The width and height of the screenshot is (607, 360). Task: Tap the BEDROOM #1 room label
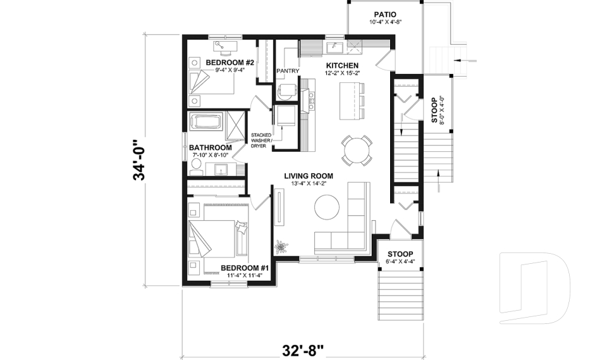(x=245, y=268)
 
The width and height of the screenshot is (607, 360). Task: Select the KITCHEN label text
(x=342, y=65)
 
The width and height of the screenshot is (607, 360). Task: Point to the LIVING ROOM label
(x=308, y=176)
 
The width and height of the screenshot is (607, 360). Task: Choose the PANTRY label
(x=288, y=71)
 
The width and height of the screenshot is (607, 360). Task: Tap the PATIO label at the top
(x=384, y=14)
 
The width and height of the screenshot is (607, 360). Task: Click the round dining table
(x=356, y=150)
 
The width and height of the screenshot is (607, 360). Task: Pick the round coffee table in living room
(x=328, y=206)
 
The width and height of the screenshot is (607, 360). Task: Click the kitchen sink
(x=334, y=47)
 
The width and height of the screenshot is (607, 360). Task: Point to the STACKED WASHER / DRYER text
(x=262, y=140)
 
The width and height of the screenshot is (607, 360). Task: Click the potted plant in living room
(x=280, y=245)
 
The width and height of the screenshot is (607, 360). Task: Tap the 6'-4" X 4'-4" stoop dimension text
(x=400, y=261)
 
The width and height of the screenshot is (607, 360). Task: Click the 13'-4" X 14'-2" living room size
(x=308, y=184)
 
